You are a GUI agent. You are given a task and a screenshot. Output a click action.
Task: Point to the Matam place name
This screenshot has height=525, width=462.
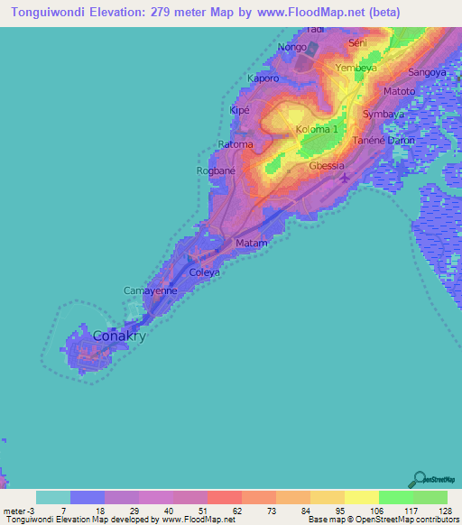point(251,244)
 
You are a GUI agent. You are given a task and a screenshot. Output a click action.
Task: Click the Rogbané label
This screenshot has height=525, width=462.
point(217,170)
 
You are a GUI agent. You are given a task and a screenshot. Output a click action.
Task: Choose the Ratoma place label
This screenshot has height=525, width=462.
point(236,143)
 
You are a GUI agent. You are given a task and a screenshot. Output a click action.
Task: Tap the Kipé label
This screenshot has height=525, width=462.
point(239,110)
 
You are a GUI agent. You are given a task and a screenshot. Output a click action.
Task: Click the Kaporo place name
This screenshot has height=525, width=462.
point(263,78)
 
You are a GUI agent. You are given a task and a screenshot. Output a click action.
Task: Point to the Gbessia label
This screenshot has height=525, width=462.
point(327,166)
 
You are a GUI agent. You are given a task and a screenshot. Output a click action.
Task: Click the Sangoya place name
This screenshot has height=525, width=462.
point(427,71)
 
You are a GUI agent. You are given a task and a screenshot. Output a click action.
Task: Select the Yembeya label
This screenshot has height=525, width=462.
point(355,68)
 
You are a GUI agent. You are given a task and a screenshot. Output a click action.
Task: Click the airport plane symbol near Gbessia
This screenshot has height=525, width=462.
point(345,177)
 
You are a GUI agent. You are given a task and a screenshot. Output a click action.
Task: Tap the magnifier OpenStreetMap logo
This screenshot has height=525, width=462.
point(420,479)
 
